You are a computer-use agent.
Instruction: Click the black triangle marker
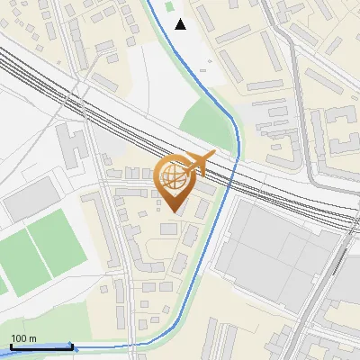click(x=181, y=24)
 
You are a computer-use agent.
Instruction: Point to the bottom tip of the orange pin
click(x=174, y=212)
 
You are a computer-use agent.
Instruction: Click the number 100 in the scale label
click(x=19, y=338)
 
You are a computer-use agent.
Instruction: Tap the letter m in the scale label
click(x=33, y=338)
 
